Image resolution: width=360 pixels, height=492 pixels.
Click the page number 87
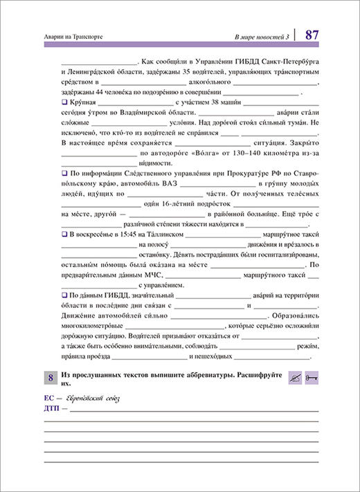(311, 33)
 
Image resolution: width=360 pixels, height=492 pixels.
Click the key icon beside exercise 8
(311, 377)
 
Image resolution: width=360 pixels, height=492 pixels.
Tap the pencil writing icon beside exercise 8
(294, 377)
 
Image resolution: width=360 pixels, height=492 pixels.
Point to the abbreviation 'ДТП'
(52, 408)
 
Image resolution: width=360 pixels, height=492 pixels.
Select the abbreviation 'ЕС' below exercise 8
(48, 399)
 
